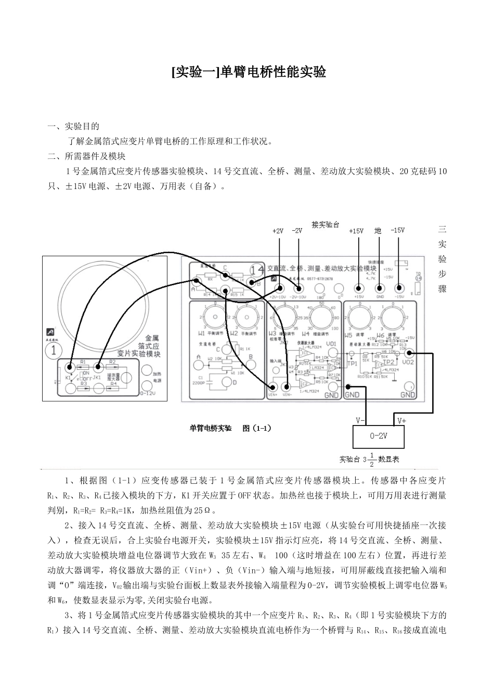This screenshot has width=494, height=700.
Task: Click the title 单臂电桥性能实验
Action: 249,72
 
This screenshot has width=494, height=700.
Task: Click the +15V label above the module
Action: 356,231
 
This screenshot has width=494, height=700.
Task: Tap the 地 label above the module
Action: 378,231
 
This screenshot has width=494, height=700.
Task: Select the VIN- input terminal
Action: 285,387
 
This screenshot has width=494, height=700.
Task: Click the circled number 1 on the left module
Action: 54,349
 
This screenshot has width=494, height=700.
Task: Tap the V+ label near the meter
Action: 402,420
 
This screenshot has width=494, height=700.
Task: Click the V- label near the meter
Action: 360,420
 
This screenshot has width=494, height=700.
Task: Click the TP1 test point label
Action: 353,363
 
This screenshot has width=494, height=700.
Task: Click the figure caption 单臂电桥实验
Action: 211,428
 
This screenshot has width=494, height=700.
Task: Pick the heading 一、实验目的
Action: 73,127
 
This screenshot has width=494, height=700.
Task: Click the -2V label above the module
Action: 297,231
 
